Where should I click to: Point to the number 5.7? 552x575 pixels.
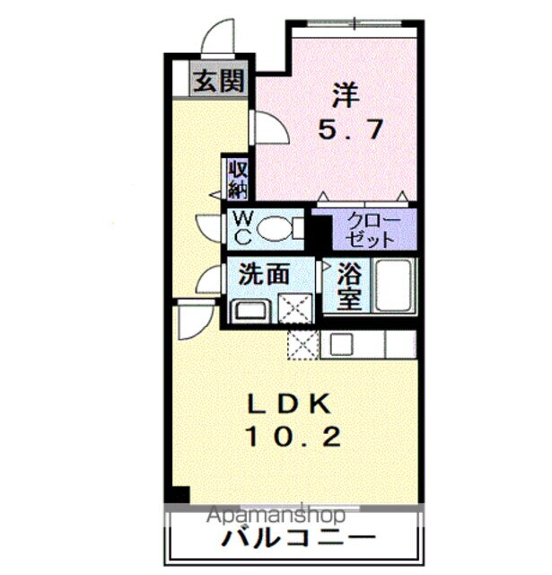[x=351, y=129]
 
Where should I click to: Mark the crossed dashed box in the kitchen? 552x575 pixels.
[x=302, y=344]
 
